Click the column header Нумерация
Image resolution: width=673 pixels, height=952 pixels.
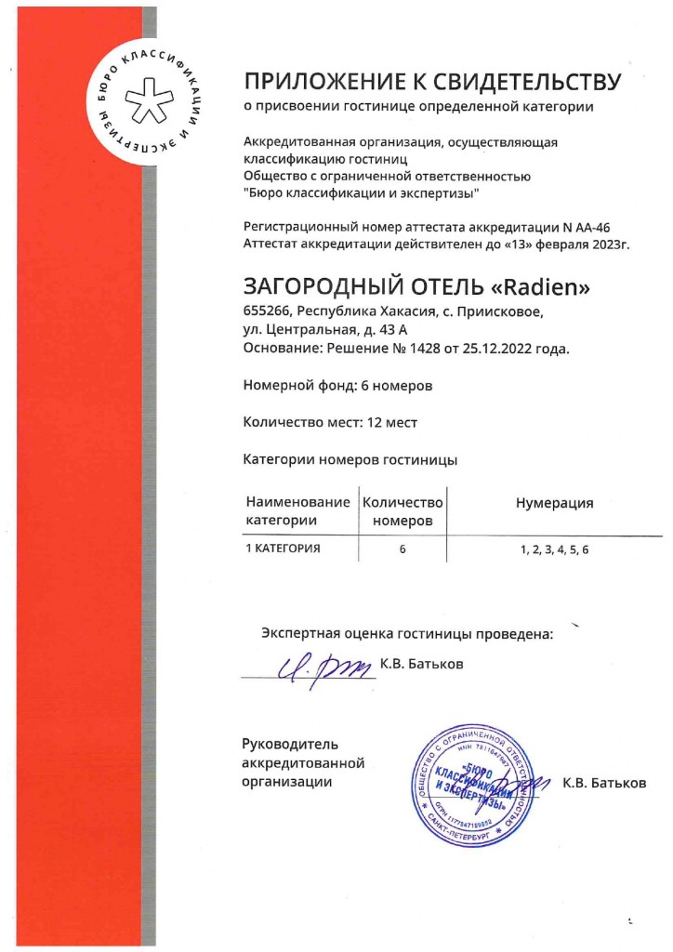(554, 503)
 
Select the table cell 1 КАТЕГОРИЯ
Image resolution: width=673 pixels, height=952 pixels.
(283, 549)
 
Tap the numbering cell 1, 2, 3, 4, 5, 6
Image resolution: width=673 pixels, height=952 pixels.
(554, 549)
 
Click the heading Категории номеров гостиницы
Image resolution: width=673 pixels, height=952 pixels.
(350, 459)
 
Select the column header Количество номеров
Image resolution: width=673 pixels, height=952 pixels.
(402, 511)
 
